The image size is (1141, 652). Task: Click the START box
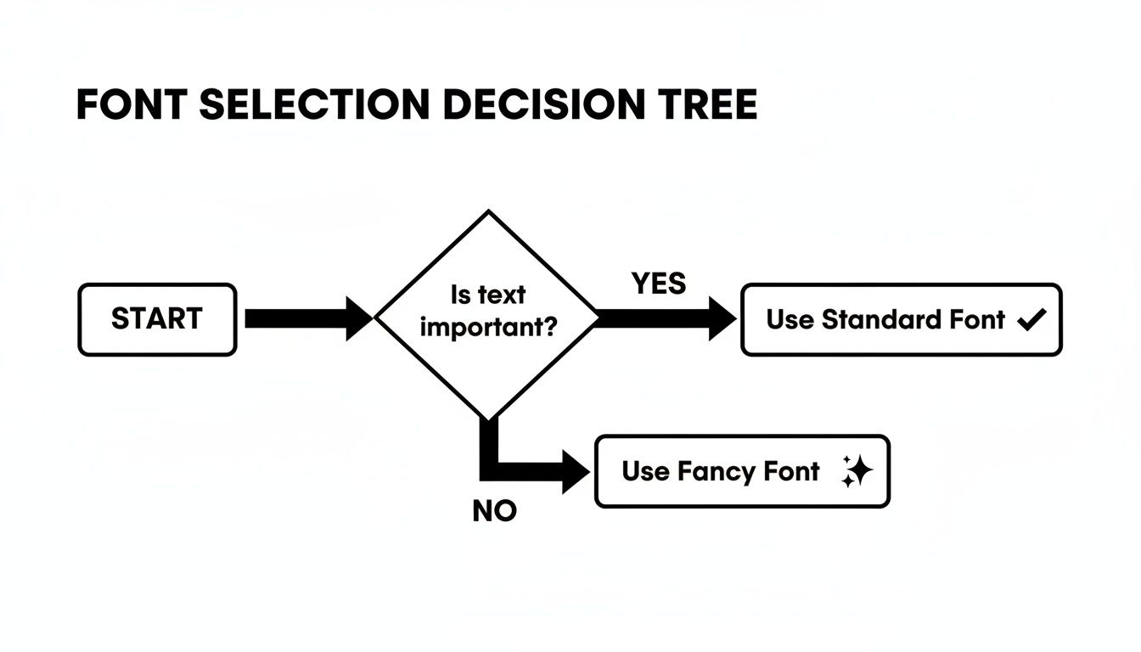point(157,319)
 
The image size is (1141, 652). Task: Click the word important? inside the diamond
point(488,327)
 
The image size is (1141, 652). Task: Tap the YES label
point(659,284)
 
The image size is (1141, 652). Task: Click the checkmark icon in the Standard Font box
point(1031,320)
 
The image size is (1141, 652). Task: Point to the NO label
point(494,512)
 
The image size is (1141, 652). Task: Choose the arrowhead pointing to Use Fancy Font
point(576,472)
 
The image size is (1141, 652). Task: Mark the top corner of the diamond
point(488,211)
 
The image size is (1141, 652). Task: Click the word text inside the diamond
point(503,295)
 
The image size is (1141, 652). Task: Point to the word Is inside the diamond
point(460,295)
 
